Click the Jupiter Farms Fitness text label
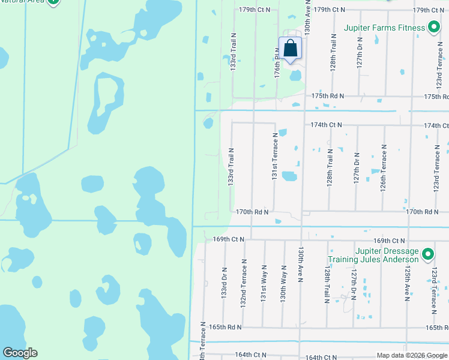coord(384,28)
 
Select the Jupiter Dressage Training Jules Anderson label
coord(373,256)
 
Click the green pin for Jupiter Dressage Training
coord(427,256)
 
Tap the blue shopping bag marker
coord(290,49)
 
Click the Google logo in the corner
coord(20,353)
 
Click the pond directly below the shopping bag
coord(295,76)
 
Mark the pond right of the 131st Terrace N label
coord(289,176)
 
